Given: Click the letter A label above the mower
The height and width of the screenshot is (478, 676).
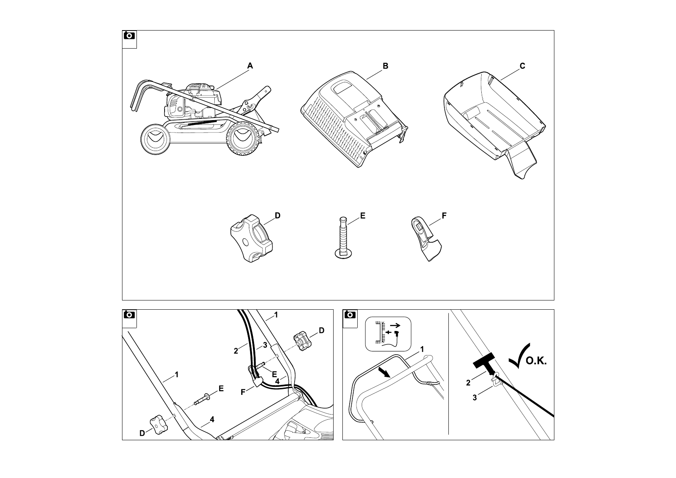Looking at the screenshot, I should point(250,66).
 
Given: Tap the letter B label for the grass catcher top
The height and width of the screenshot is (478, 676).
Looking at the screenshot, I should point(385,66).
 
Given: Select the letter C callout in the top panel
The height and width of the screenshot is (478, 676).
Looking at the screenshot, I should point(522,66).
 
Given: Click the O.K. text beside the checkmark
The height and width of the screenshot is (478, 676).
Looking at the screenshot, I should point(536,361).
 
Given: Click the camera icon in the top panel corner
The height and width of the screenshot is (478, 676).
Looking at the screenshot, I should point(129,36).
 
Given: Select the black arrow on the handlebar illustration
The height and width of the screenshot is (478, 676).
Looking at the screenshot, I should point(384,373).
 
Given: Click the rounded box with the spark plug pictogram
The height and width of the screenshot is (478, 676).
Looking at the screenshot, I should point(388,333).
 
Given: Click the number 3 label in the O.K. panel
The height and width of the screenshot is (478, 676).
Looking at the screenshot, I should point(475,398).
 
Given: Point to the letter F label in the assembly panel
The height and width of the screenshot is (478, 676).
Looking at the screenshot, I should point(243,392).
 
